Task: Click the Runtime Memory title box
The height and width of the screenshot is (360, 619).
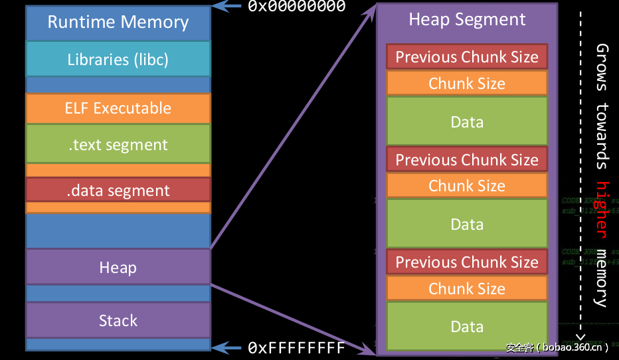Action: pos(118,23)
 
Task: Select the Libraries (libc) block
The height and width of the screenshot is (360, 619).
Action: pos(118,59)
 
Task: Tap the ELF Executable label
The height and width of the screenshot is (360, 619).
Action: pos(118,108)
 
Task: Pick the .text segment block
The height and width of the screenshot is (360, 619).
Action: pos(118,145)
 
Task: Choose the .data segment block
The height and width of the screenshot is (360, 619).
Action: pos(118,191)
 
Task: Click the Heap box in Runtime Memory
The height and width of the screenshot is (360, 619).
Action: pos(118,268)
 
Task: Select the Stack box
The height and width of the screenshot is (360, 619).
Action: pos(118,321)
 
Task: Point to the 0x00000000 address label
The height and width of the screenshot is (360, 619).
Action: pos(297,7)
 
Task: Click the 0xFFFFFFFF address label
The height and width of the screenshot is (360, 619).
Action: pos(297,348)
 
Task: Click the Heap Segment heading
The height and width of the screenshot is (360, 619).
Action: pos(467,20)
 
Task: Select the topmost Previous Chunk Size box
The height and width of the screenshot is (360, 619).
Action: pos(467,57)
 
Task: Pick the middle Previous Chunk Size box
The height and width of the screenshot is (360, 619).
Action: pos(467,160)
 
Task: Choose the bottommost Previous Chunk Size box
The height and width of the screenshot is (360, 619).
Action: pos(467,262)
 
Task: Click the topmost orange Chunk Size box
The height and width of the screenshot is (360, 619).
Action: pos(467,84)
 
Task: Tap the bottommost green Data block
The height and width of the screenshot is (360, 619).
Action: pos(467,326)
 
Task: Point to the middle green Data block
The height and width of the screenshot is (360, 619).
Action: pos(467,224)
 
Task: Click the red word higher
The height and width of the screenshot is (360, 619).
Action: pos(602,209)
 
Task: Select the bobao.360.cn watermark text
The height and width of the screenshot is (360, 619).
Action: pos(557,347)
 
